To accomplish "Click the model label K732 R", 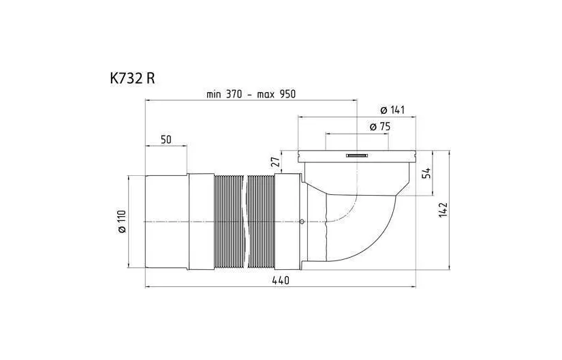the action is tap(132, 78).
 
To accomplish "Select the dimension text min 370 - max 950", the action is tap(251, 94).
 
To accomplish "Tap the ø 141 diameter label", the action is tap(392, 110).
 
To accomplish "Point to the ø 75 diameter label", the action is tap(380, 127).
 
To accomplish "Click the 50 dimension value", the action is tap(166, 140).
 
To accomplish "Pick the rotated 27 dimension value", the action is tap(275, 162).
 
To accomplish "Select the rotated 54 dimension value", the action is tap(426, 173).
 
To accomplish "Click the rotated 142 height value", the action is tap(443, 210).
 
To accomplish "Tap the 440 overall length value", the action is tap(281, 280).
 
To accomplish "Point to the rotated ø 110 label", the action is tap(122, 222).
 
